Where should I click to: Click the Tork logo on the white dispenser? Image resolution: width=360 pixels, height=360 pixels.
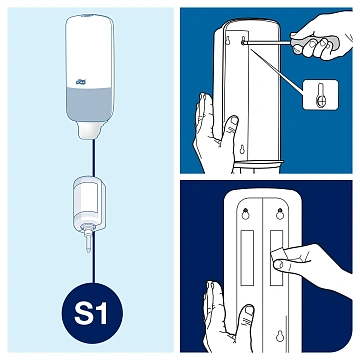pos(81,81)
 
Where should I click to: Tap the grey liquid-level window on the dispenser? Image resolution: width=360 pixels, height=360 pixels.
pos(89,104)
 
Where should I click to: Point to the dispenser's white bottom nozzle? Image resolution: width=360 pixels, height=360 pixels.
pos(89,131)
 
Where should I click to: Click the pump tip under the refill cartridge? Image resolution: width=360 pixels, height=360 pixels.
pos(88,241)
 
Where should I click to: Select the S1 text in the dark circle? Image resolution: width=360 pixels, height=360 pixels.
pos(90,314)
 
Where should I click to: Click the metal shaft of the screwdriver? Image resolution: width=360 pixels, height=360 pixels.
pos(268,41)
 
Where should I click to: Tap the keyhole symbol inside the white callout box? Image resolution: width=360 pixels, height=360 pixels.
pos(320,96)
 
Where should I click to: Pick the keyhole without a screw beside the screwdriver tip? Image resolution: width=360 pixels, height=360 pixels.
pos(228,40)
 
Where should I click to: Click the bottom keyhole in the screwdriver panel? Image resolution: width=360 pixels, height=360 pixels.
pos(242,149)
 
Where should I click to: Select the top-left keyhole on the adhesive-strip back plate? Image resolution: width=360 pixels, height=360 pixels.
pos(246,213)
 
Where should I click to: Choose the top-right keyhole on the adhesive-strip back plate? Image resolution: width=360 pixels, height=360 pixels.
pos(280,213)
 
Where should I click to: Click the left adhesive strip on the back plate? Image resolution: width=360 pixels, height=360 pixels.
pos(247,257)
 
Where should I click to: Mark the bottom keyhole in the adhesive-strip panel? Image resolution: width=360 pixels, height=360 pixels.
pos(280,336)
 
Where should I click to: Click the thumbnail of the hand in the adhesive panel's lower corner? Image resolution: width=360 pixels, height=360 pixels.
pos(249,312)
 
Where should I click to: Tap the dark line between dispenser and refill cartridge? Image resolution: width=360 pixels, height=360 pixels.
pos(94,158)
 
